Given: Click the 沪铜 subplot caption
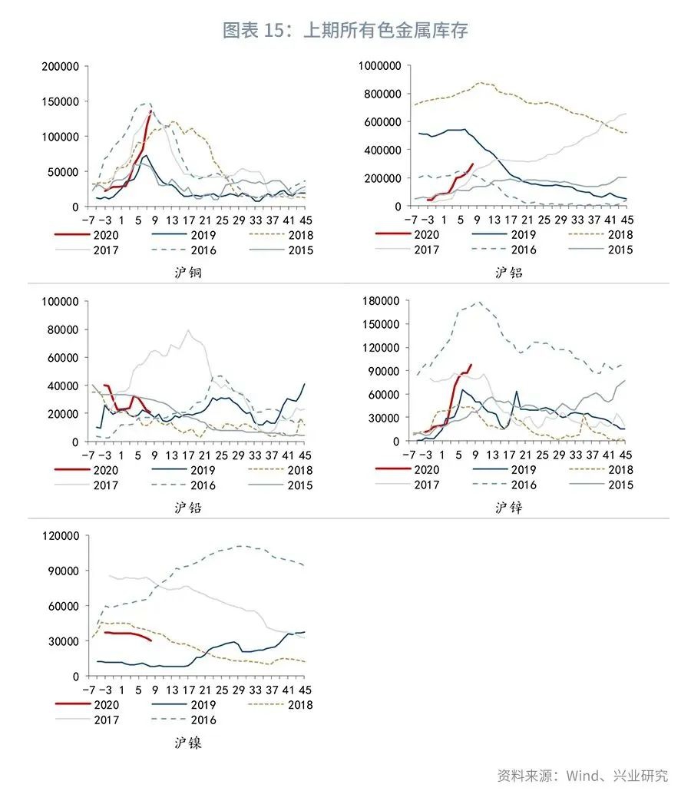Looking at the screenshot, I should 187,272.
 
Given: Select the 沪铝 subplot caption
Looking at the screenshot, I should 508,272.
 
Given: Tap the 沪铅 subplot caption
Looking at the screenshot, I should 187,507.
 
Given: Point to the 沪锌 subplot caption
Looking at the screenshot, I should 508,507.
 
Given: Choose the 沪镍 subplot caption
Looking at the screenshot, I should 187,743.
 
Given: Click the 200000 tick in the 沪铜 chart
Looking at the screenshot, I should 61,67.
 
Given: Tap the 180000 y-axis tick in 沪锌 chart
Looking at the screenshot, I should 382,301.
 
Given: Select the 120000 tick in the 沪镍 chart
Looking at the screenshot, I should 61,536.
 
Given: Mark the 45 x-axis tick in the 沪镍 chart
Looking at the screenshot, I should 305,689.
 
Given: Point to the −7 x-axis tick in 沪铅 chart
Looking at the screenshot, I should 89,454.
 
